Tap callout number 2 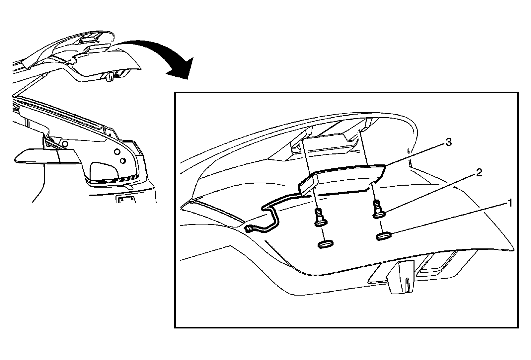(x=479, y=173)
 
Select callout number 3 (x=448, y=142)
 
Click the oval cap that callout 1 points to (x=384, y=236)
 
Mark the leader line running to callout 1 (x=448, y=220)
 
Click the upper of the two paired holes (x=116, y=152)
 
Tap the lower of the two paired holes (x=122, y=161)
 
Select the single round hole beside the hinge (x=65, y=143)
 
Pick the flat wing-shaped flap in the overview (x=46, y=156)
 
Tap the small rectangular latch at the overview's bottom (x=126, y=200)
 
